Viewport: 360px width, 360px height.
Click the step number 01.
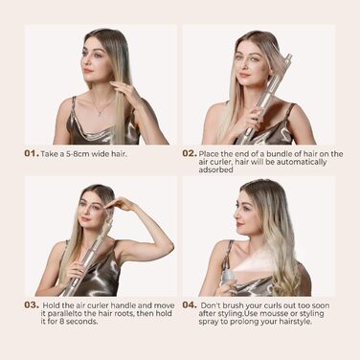coord(32,153)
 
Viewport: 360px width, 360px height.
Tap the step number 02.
coord(190,153)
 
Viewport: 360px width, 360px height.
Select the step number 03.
coord(32,305)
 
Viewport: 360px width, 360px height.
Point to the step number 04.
coord(190,305)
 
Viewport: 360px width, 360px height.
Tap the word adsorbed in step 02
coord(215,169)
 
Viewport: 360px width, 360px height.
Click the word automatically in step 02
coord(302,162)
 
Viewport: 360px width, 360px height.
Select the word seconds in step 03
coord(82,322)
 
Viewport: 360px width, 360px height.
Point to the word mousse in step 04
coord(273,313)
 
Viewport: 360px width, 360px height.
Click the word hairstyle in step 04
coord(295,322)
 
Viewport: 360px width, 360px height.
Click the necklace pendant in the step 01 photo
coord(101,113)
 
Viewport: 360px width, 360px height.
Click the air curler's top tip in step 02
coord(288,56)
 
